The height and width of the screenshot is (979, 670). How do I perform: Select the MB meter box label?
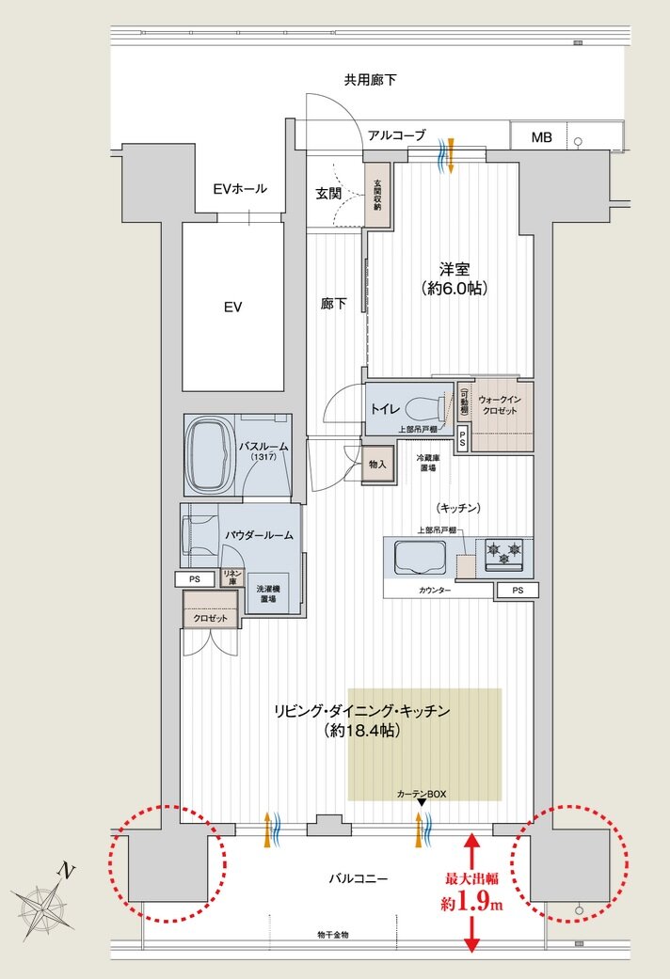click(541, 137)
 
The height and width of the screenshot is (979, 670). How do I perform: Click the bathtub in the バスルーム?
click(212, 455)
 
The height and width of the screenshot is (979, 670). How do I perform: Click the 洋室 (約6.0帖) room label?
click(454, 277)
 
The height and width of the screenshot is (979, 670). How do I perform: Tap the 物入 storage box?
click(377, 465)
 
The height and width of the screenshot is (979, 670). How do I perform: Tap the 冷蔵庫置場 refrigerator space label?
click(428, 463)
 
